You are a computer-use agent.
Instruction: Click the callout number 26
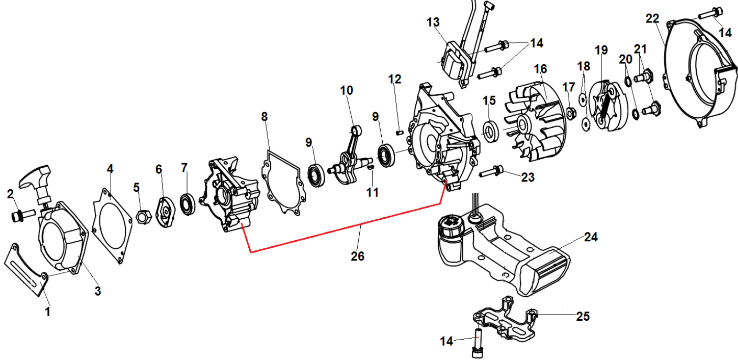(358, 256)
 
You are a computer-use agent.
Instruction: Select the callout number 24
(591, 238)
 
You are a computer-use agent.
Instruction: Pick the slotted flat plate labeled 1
(25, 268)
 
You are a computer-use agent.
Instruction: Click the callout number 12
(394, 79)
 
